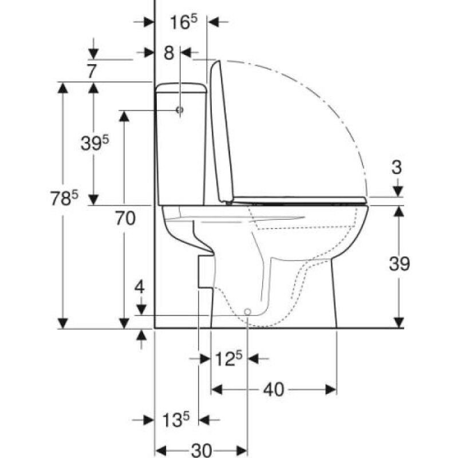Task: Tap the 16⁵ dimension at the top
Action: [183, 22]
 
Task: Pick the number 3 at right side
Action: [398, 168]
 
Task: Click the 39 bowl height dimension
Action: [400, 264]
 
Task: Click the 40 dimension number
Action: [275, 389]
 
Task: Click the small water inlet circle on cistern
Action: [180, 109]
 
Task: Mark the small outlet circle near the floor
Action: [248, 311]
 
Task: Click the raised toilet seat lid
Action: [222, 132]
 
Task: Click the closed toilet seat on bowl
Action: [298, 199]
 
